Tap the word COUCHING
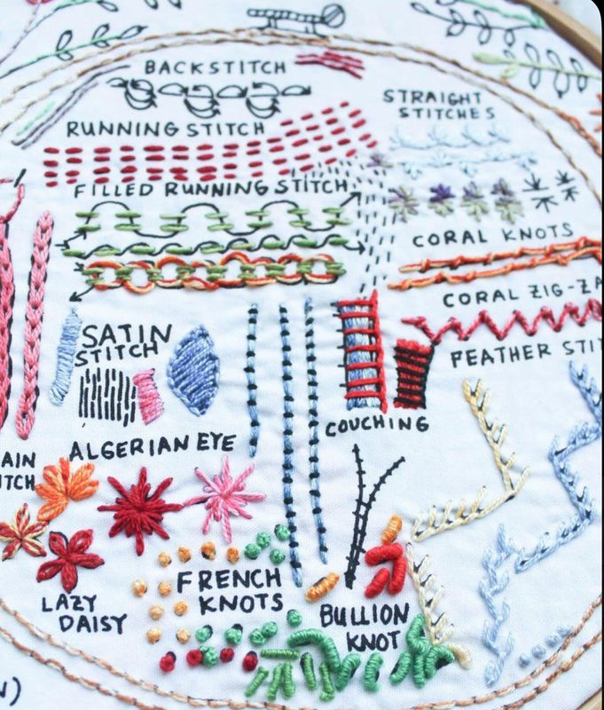(376, 425)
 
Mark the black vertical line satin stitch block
(106, 394)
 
